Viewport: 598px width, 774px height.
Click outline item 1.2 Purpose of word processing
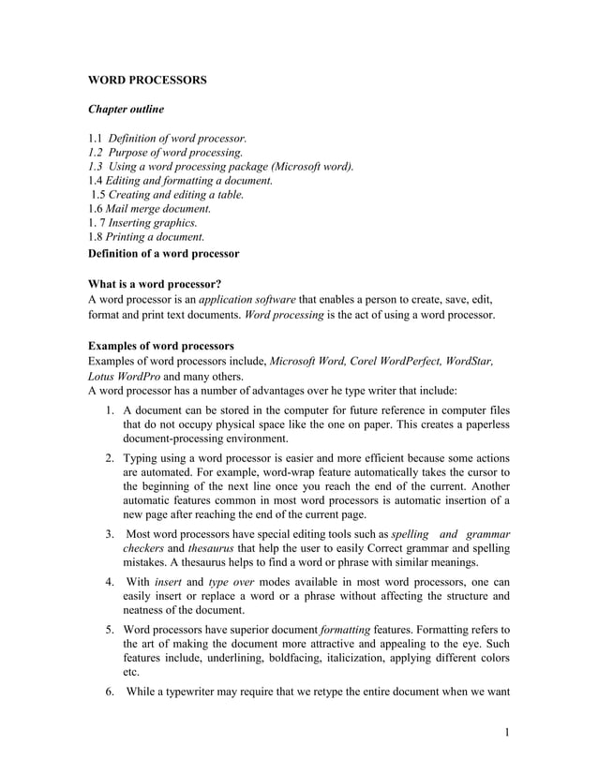(165, 153)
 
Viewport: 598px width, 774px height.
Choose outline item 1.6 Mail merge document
(149, 209)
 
